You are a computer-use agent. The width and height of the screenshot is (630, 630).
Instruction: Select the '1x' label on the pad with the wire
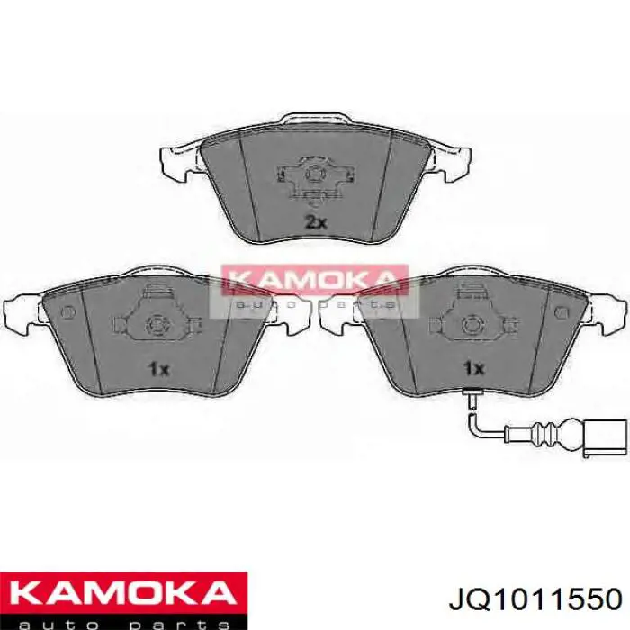tap(473, 368)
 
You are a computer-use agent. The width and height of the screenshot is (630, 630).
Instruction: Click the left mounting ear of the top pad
tap(177, 162)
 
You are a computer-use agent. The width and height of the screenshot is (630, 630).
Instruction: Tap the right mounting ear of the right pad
tap(608, 310)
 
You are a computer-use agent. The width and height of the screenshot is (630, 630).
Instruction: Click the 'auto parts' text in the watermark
tap(314, 304)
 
